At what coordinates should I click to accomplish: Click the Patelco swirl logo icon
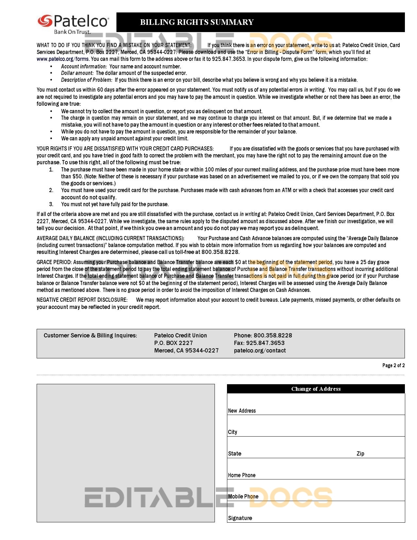[x=45, y=21]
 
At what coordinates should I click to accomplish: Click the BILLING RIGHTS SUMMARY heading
[x=197, y=22]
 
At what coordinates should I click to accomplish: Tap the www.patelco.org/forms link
[x=62, y=59]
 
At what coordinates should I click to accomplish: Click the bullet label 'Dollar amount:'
[x=78, y=73]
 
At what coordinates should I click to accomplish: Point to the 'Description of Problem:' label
[x=87, y=80]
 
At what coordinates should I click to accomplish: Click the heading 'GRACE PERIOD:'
[x=54, y=262]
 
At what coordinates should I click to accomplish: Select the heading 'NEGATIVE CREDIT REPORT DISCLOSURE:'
[x=82, y=300]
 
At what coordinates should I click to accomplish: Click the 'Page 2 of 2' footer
[x=393, y=366]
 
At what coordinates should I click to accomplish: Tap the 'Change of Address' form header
[x=316, y=389]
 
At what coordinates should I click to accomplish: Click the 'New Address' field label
[x=242, y=411]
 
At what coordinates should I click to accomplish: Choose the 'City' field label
[x=233, y=432]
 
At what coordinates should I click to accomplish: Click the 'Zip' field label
[x=360, y=454]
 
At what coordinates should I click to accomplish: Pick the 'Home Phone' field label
[x=242, y=475]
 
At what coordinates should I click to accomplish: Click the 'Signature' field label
[x=240, y=518]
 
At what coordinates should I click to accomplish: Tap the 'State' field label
[x=235, y=454]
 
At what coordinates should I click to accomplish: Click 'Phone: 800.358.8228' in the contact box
[x=263, y=335]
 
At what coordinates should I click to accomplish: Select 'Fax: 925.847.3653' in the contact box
[x=259, y=343]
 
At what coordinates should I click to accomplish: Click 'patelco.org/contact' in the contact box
[x=260, y=351]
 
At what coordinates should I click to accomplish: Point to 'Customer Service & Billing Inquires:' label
[x=90, y=335]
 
